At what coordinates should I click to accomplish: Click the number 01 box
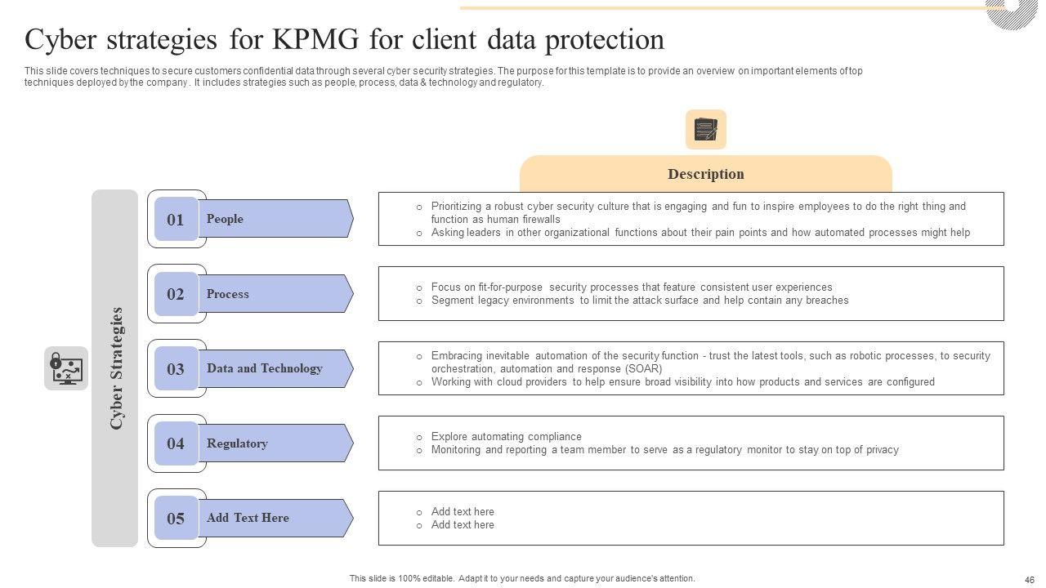coord(176,219)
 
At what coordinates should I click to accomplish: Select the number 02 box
coord(176,294)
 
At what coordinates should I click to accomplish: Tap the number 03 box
coord(176,369)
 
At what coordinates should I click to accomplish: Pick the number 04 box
coord(176,443)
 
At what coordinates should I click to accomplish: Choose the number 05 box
coord(176,519)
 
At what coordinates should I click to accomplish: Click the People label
coord(225,219)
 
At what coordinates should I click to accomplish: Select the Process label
coord(228,294)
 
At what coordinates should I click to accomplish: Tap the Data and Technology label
coord(264,368)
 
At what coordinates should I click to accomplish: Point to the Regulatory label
coord(237,443)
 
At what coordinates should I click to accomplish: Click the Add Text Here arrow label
coord(248,518)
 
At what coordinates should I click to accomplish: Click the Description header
coord(705,174)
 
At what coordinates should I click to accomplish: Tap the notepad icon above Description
coord(705,130)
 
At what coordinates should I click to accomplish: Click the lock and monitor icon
coord(66,368)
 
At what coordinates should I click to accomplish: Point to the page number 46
coord(1029,579)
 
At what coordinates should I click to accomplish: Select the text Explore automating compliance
coord(506,436)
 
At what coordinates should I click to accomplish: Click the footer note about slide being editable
coord(522,578)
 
